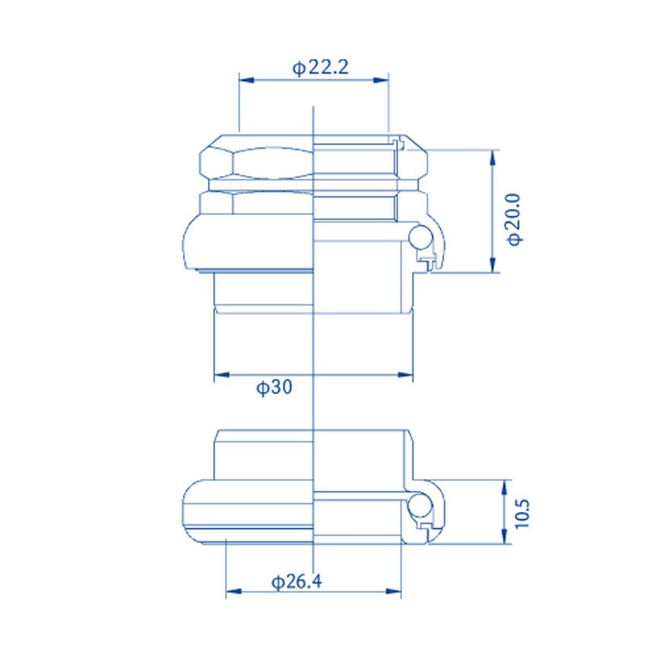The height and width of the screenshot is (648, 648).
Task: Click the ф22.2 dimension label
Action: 320,68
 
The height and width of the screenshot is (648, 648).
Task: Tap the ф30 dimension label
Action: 274,388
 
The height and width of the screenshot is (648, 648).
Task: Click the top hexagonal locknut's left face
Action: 215,161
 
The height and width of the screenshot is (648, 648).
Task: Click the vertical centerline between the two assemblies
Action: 313,405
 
